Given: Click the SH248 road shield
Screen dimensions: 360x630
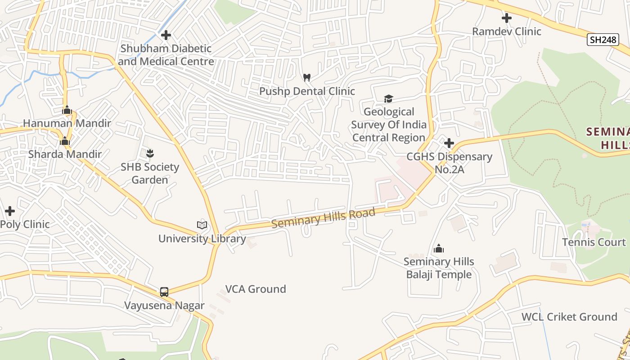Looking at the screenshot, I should (x=603, y=40).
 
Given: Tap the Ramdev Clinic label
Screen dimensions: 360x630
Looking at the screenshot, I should (x=506, y=31).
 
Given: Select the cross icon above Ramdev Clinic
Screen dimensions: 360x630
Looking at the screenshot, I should (x=506, y=18).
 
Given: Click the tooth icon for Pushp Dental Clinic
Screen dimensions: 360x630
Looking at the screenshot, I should (x=307, y=77).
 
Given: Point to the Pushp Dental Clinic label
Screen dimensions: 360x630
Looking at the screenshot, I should (x=307, y=91).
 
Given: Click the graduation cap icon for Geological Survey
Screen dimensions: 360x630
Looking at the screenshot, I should (x=388, y=99).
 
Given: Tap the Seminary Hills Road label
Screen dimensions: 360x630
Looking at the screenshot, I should (x=323, y=218).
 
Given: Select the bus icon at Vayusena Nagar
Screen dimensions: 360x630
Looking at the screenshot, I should (x=164, y=292).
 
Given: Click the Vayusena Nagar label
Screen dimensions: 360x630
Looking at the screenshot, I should (x=164, y=306).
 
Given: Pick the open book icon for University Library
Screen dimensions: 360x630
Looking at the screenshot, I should (x=202, y=225).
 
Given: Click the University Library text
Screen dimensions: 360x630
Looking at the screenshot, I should (x=202, y=238).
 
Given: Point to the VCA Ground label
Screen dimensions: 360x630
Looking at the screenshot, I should (x=256, y=289).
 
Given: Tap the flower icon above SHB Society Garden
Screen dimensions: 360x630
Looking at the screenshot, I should (x=150, y=154).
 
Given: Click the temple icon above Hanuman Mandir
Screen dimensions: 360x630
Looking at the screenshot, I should (x=67, y=110).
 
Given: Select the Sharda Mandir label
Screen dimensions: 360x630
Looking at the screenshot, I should (x=65, y=154).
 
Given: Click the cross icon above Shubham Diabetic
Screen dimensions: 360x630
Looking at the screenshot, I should (x=166, y=35).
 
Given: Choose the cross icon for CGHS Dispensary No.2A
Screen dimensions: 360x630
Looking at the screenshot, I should (x=449, y=143).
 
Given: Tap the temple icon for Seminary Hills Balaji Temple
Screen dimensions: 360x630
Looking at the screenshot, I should (x=439, y=248).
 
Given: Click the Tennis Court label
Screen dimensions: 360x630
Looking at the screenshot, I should (x=594, y=242).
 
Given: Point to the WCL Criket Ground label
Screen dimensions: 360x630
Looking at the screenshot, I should (x=569, y=317).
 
